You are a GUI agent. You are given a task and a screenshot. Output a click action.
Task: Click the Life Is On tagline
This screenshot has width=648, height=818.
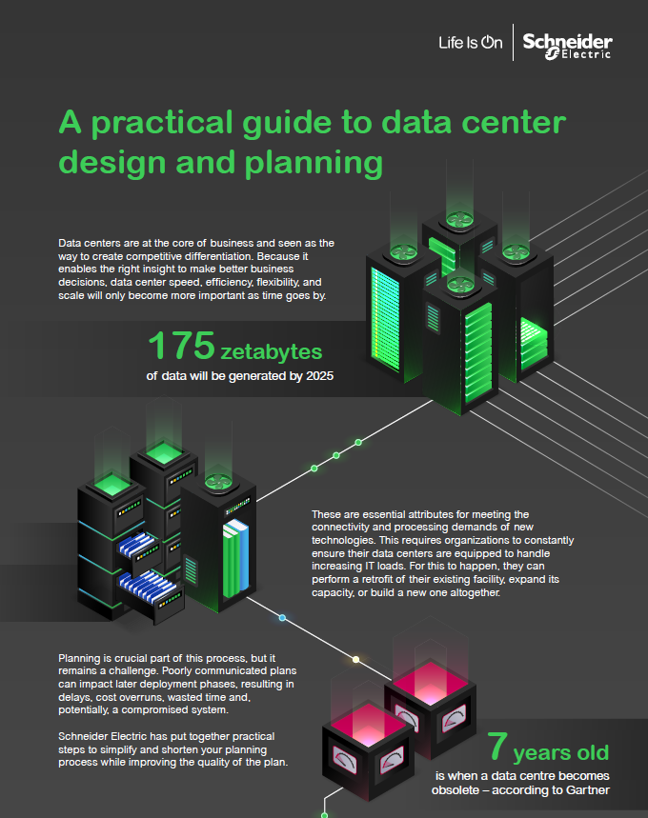coord(469,42)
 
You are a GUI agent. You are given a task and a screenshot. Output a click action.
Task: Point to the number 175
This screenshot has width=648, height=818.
coord(180,347)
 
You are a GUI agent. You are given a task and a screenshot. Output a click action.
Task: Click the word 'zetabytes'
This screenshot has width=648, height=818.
coord(272,351)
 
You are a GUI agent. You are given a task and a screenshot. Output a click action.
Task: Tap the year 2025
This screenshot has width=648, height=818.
coord(316,375)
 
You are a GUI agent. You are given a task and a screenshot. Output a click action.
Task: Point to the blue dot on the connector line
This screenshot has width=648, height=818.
coord(282,618)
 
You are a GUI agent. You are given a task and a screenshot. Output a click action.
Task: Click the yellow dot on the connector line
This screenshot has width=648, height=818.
coord(355,659)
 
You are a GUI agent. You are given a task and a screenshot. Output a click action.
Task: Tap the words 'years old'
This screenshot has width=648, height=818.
coord(561,753)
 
